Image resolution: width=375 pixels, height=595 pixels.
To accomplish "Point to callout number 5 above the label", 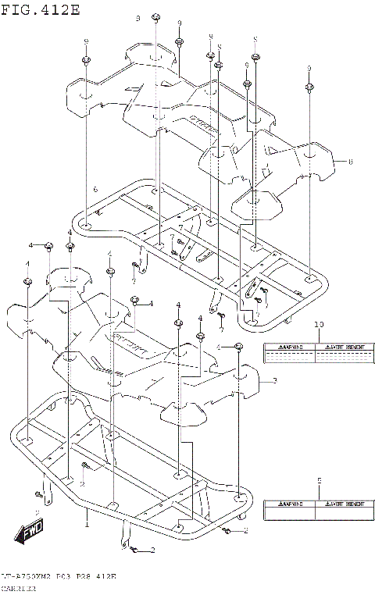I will coord(319,480).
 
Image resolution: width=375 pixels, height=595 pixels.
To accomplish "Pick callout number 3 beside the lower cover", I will coord(274,381).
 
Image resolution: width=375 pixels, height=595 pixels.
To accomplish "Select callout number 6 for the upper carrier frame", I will coord(95,190).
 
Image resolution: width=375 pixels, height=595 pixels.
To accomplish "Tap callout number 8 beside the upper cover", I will coord(350,162).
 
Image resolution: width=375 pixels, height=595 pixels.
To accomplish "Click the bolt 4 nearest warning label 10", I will coord(239,347).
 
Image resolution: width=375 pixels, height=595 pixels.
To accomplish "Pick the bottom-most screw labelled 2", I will coord(132,550).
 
